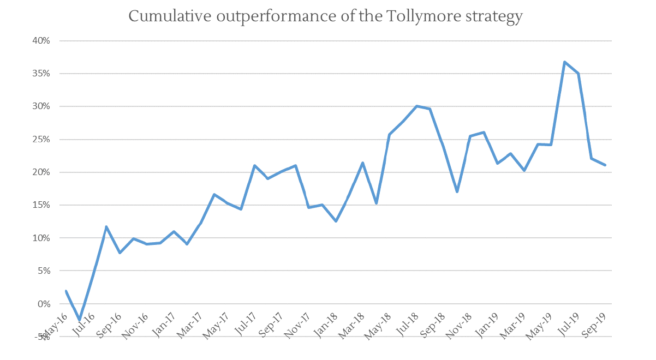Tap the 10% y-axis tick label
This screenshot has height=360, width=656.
[43, 238]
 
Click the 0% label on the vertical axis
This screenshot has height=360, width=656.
[45, 304]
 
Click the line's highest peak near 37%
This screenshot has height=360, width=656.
[565, 62]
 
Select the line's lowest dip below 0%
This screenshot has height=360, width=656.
[80, 320]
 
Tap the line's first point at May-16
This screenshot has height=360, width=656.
[66, 291]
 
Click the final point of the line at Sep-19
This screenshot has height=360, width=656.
[605, 165]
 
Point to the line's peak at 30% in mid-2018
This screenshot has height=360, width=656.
[416, 106]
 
